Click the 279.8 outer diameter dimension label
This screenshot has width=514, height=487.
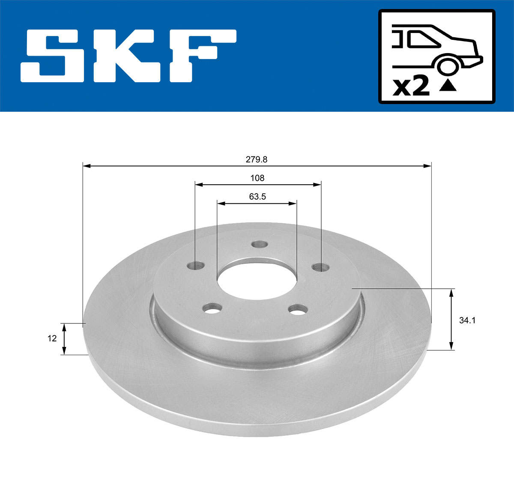(256, 159)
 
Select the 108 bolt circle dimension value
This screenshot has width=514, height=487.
(257, 178)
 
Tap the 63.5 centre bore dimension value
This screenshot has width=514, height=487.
(257, 197)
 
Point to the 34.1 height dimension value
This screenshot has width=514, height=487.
(467, 320)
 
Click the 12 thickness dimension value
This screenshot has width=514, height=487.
(52, 338)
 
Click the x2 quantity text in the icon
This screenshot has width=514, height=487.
(411, 87)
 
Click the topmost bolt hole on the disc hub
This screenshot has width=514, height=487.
(259, 245)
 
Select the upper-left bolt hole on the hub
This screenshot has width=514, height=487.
(195, 266)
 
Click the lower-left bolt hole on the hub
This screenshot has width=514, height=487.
(212, 308)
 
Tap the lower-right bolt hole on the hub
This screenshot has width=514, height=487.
(298, 308)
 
